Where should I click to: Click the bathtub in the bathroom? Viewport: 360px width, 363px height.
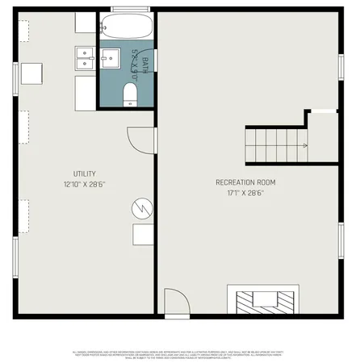[128, 27]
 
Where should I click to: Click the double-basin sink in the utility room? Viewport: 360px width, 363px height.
[85, 56]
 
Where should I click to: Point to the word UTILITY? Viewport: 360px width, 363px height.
[85, 173]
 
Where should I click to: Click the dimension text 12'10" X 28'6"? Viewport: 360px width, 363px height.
[85, 184]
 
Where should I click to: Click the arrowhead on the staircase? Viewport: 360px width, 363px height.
[304, 145]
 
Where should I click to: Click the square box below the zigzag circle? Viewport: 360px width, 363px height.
[144, 234]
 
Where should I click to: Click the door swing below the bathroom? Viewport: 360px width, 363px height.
[141, 139]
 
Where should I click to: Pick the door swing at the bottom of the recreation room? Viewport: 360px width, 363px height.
[175, 304]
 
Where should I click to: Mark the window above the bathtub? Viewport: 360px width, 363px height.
[128, 8]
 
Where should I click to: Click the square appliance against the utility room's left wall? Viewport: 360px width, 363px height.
[32, 73]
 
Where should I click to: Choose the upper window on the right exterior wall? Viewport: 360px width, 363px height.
[341, 65]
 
